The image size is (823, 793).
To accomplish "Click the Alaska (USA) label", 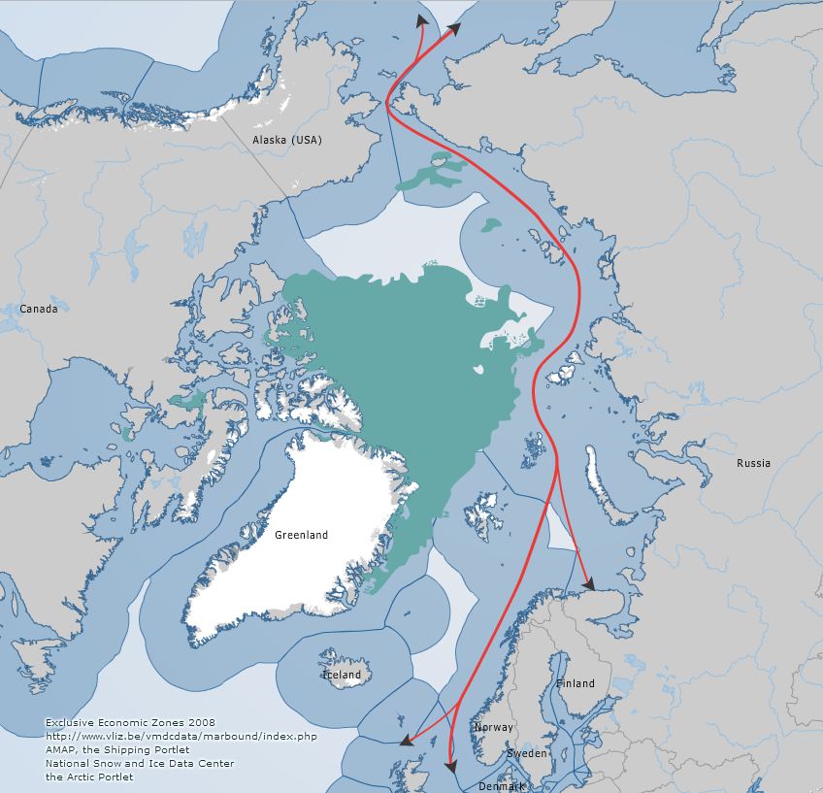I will [x=286, y=141].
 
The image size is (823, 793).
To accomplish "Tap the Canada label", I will [x=38, y=310].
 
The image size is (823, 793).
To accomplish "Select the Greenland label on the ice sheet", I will [x=301, y=535].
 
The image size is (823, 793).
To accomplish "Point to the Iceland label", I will [x=341, y=675].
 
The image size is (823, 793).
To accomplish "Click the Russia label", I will [x=753, y=463].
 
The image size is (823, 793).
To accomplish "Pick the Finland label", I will [x=575, y=683].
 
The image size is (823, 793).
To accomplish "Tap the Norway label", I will [x=493, y=727].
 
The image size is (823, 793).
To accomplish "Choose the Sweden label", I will [x=527, y=753].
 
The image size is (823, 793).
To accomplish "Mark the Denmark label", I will [x=500, y=785].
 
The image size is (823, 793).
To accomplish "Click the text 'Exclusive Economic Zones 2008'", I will [x=130, y=723].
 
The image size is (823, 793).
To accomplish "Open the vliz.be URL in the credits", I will [x=181, y=737].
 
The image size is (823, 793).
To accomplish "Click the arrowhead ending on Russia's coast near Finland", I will [x=587, y=583].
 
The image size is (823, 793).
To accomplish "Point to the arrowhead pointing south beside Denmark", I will [x=451, y=768].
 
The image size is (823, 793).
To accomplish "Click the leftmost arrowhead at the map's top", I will [x=421, y=19].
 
